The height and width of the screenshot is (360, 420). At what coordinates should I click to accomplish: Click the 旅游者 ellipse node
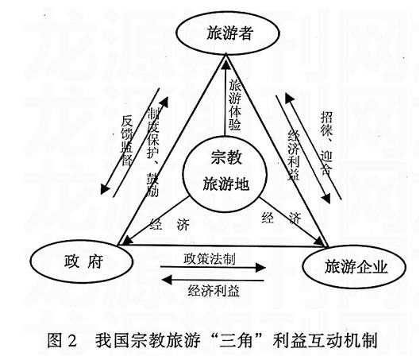[x=225, y=34]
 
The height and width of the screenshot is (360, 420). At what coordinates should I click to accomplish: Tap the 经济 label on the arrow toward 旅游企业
[x=282, y=218]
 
